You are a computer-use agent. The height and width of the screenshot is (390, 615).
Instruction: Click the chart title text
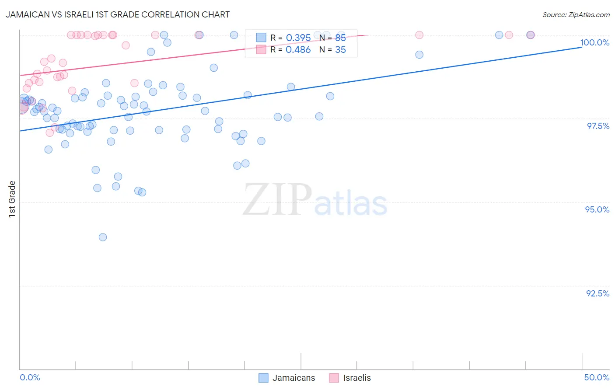point(118,14)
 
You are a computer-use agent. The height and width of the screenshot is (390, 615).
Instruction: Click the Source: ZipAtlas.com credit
point(576,15)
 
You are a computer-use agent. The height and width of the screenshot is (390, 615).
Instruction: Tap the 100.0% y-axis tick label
point(594,42)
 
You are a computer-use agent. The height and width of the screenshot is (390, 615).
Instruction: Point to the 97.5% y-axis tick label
point(598,126)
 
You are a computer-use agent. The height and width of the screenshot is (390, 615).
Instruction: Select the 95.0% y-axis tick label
point(597,209)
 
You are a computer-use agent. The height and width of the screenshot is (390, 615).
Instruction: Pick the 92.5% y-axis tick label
point(598,293)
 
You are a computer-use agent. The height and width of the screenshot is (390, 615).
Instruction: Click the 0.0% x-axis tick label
point(30,377)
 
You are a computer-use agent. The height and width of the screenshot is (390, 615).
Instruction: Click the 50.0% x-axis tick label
point(597,377)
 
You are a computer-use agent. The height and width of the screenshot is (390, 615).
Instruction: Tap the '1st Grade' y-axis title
point(12,199)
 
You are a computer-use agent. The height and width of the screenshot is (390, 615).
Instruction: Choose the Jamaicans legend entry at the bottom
point(287,378)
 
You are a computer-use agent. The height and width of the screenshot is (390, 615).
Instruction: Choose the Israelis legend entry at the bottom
point(350,378)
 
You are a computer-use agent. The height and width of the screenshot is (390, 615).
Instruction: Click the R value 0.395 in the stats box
point(298,38)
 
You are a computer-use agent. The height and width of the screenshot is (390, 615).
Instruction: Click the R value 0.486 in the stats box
point(298,50)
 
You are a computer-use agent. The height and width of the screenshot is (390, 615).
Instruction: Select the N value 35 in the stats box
point(340,50)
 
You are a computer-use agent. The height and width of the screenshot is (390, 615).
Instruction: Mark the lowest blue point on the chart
point(103,237)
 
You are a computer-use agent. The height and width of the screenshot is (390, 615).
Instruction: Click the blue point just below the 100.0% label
point(419,55)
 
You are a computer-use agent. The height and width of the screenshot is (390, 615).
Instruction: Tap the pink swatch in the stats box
point(261,50)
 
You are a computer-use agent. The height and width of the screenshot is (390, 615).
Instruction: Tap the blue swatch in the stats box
point(261,38)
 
